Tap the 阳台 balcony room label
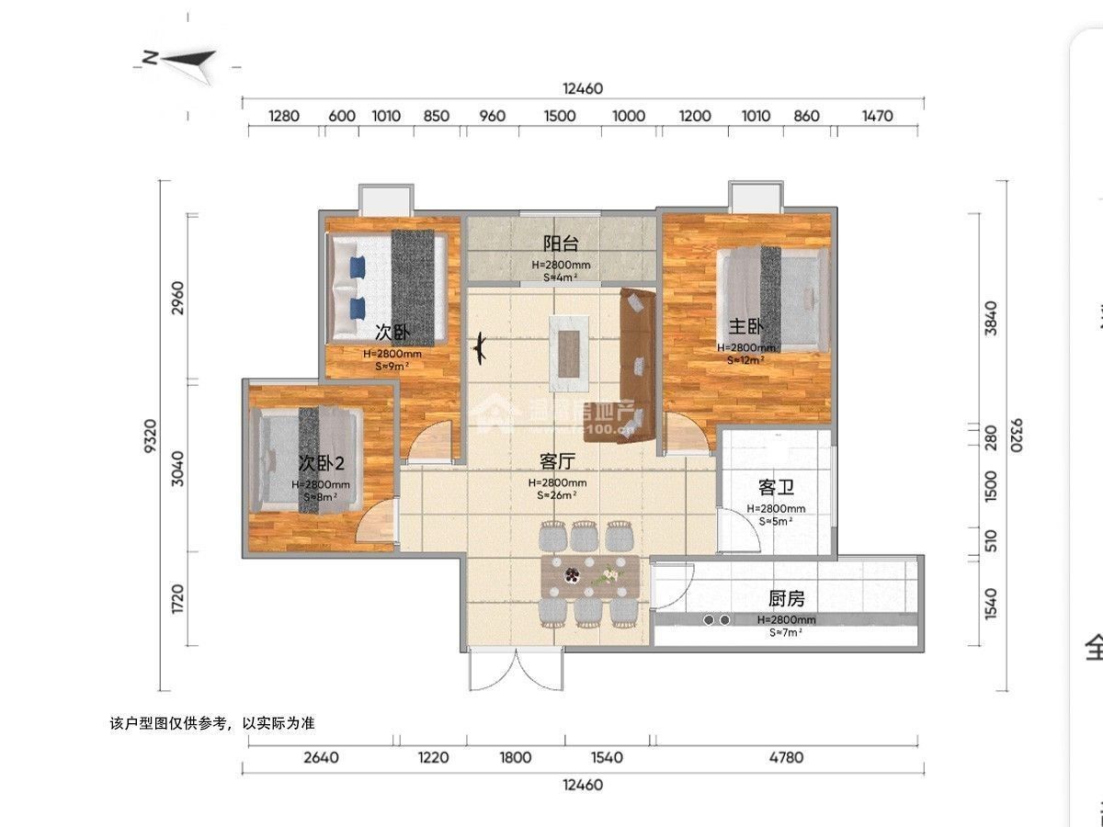pos(561,244)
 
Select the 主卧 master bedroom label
pos(746,326)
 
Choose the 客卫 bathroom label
pos(776,486)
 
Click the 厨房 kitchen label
pos(786,598)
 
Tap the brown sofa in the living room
pos(636,366)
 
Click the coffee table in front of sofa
pos(569,346)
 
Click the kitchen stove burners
pos(717,620)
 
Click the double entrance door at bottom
pos(516,670)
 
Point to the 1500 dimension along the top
pos(560,116)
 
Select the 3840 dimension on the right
pos(990,317)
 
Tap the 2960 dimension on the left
pos(178,298)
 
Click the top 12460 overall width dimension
pos(582,88)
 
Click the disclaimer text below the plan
pos(211,723)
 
